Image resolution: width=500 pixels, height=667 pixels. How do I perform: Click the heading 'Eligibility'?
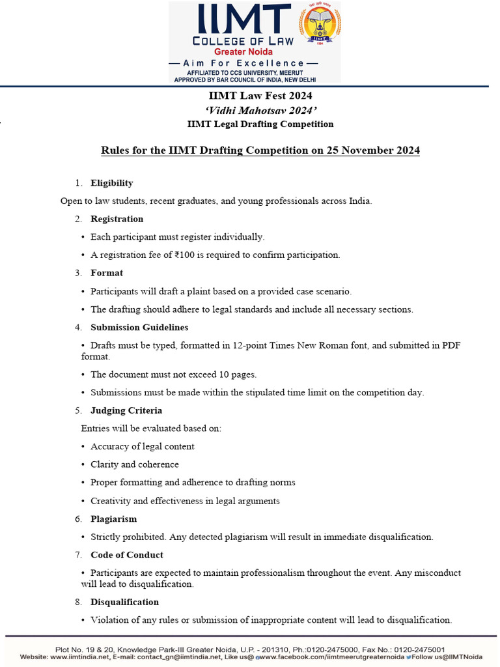click(x=111, y=183)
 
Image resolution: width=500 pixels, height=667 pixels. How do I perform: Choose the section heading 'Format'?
click(x=107, y=273)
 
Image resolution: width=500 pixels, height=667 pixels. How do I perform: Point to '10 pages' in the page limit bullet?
click(x=238, y=375)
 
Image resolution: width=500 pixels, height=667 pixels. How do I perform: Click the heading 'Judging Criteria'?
click(x=126, y=410)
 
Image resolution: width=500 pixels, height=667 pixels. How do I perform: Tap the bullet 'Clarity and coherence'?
click(x=134, y=464)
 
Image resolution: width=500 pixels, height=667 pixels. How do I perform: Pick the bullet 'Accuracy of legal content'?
click(x=142, y=446)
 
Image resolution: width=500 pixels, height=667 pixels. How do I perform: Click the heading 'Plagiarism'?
click(x=113, y=519)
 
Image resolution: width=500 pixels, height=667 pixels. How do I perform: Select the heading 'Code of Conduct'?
click(x=126, y=555)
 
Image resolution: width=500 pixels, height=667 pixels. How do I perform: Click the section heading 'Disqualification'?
click(x=124, y=602)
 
